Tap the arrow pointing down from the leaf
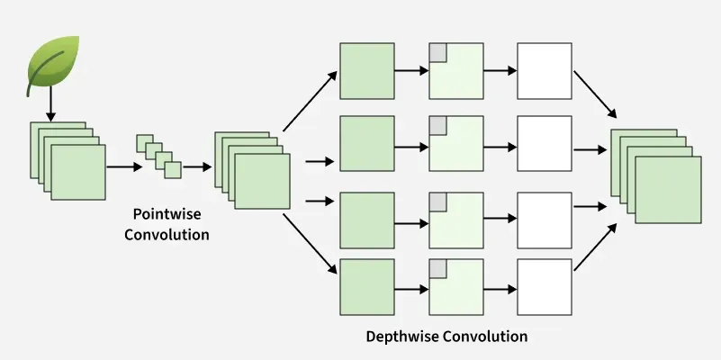50,106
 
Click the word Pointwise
166,215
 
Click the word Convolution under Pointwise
167,235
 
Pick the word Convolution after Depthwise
485,337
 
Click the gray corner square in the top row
438,52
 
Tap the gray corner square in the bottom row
438,268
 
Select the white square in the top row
545,70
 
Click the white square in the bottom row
545,286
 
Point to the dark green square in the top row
366,70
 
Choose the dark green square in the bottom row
366,286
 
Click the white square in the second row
545,143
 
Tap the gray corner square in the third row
438,200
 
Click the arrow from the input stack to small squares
124,166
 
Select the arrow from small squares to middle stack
197,166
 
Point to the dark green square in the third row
366,220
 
